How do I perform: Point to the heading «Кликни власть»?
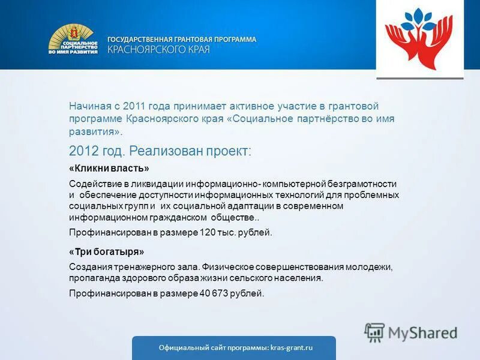pos(109,169)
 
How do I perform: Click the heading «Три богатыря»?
pos(106,252)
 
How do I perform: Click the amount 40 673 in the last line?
pos(212,293)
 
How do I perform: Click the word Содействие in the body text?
pos(91,184)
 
